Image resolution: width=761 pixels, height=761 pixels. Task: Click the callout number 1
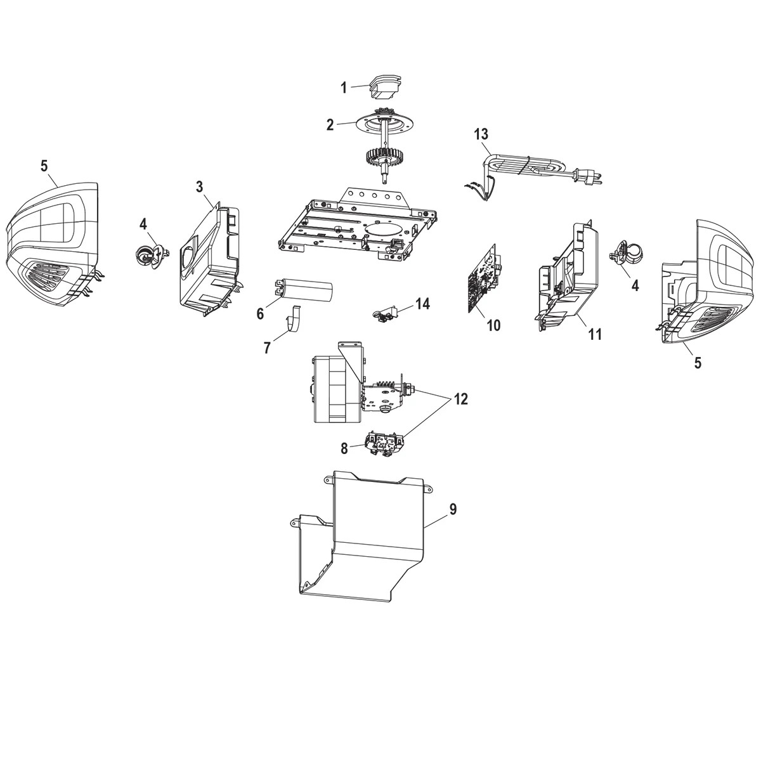point(344,88)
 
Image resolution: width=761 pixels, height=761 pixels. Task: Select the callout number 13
point(481,134)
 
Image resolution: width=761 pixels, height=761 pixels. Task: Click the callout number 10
point(493,325)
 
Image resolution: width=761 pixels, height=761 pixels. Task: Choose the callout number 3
point(199,186)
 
